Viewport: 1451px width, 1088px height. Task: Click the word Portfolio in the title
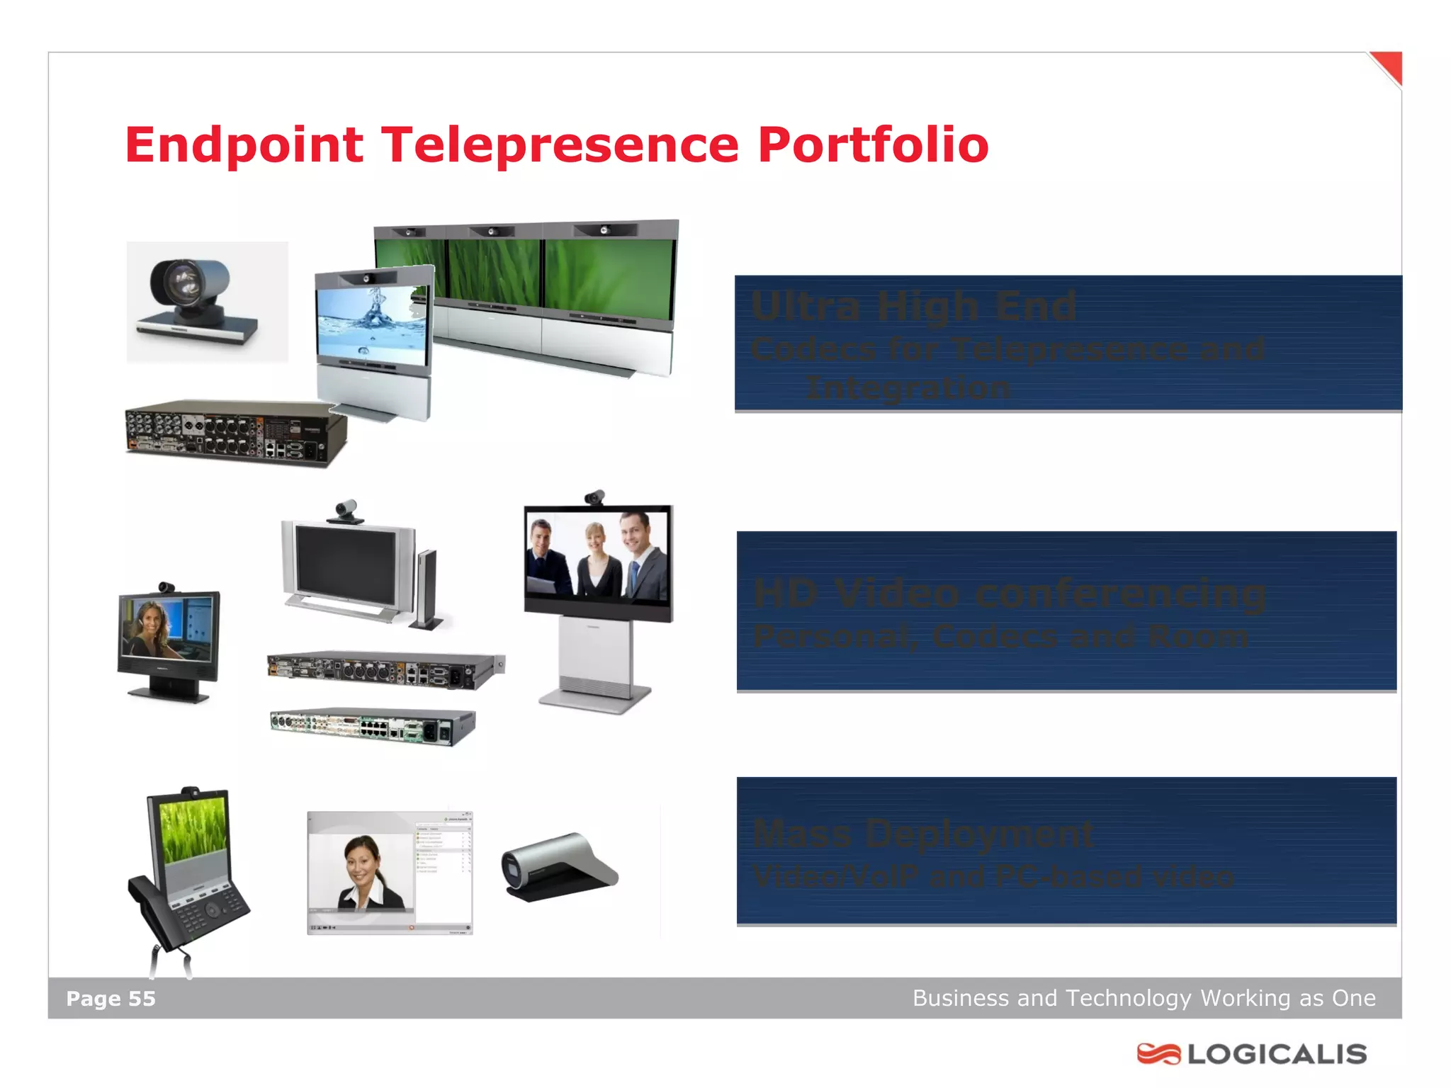(x=872, y=145)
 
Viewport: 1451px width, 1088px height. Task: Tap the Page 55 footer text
(x=111, y=999)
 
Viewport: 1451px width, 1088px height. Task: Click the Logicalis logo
(x=1251, y=1054)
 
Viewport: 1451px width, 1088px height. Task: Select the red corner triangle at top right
(x=1389, y=66)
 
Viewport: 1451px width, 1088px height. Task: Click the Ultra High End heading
(x=913, y=307)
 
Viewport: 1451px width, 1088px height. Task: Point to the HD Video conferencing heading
(x=1009, y=594)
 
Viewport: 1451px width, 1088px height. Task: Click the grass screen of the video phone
(x=193, y=829)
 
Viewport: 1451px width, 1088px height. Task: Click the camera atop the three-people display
(x=595, y=497)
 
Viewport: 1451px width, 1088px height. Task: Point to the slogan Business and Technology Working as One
(x=1144, y=998)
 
